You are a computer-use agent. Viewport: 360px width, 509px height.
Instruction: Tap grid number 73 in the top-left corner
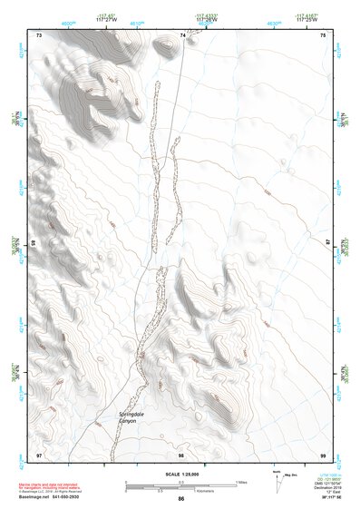39,34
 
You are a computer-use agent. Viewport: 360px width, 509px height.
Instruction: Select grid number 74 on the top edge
182,34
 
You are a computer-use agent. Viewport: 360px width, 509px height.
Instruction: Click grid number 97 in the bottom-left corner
39,454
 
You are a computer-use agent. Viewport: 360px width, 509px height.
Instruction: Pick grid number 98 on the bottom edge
181,454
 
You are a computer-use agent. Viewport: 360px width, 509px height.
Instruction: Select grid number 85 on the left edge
33,243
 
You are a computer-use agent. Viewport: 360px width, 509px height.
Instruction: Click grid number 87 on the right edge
329,243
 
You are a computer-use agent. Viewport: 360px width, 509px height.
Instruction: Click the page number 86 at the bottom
180,499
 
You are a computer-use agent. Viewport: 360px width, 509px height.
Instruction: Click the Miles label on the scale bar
241,482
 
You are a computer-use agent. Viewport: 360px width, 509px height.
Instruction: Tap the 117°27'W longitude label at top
107,19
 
